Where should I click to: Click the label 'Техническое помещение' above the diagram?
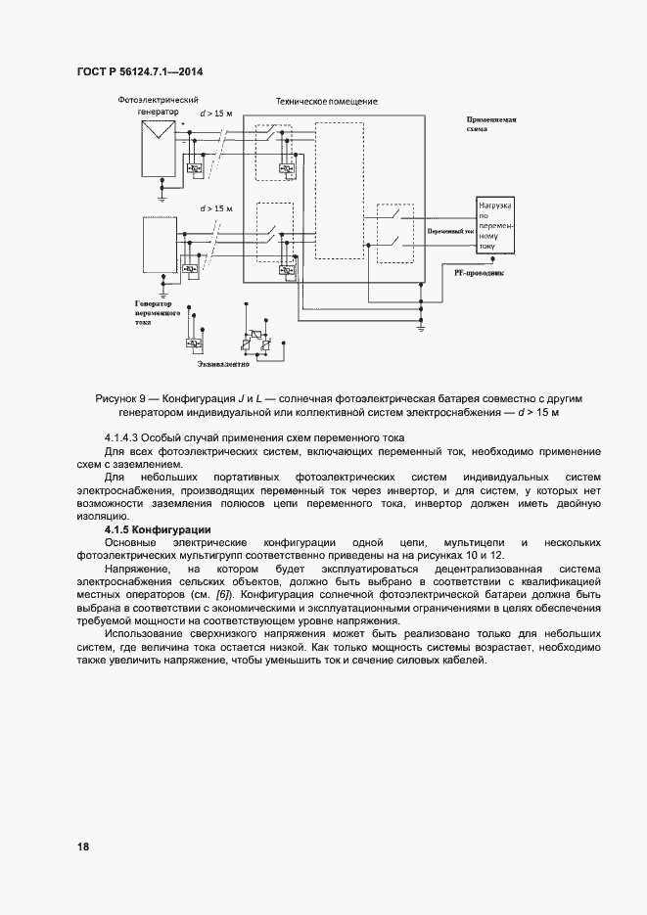point(326,101)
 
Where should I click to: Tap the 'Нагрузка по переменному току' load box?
point(502,226)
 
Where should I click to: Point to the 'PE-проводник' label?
point(479,274)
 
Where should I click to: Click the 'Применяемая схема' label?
point(491,123)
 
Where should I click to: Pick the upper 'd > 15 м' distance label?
point(217,114)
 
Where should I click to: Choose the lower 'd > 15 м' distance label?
point(217,208)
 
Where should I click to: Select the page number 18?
point(82,845)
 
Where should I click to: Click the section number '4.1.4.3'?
point(122,436)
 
